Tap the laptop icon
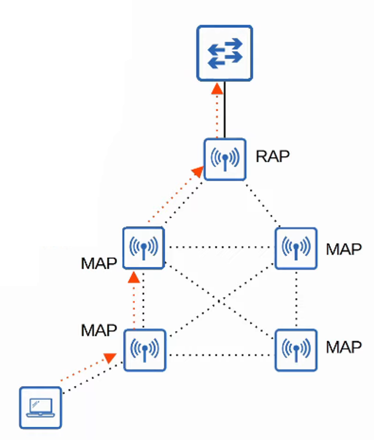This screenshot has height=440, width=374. tap(41, 407)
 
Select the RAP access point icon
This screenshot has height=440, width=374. tap(225, 159)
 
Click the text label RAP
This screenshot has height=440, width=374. tap(272, 156)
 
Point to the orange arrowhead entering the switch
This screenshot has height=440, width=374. tap(217, 88)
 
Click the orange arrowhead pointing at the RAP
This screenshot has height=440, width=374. tap(199, 170)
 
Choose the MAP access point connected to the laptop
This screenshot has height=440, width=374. tap(144, 350)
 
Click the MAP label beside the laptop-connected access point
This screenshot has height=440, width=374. tap(99, 330)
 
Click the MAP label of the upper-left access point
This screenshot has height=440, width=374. tap(99, 263)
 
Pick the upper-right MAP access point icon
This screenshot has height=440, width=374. tap(296, 248)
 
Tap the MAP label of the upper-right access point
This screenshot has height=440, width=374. tap(344, 249)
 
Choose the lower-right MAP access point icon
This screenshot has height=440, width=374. tap(296, 350)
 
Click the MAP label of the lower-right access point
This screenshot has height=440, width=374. tap(344, 347)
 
